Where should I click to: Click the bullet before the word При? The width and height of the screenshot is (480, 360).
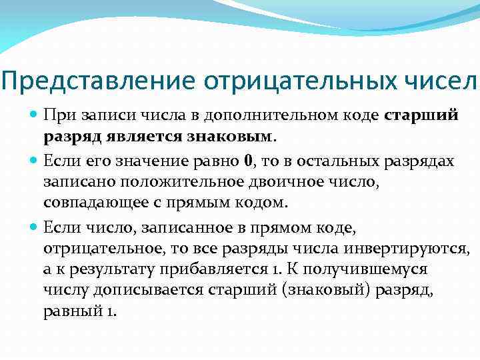coord(34,114)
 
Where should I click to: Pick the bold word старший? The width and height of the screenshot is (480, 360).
coord(422,115)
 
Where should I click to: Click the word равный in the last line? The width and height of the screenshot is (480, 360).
coord(69,311)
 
